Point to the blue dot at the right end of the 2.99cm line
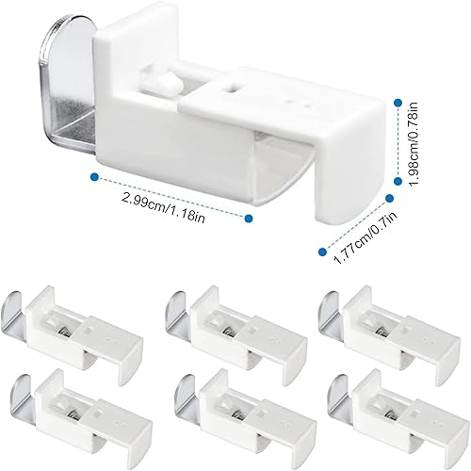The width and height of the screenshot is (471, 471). [250, 219]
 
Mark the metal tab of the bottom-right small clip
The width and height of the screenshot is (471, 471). [339, 392]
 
